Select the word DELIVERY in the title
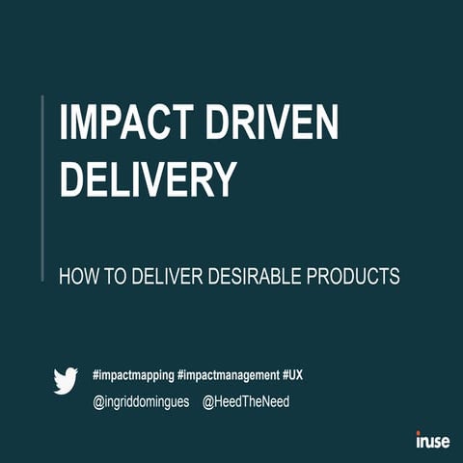(x=148, y=178)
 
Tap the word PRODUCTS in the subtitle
(x=352, y=276)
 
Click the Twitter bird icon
(x=66, y=381)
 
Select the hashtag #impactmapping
(x=132, y=372)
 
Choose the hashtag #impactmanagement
(x=228, y=372)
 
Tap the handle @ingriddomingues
(x=141, y=400)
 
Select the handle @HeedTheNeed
(x=246, y=400)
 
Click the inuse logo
(x=432, y=441)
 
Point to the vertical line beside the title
(x=43, y=188)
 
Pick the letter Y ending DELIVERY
(x=223, y=178)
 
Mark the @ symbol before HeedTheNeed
(x=209, y=401)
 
